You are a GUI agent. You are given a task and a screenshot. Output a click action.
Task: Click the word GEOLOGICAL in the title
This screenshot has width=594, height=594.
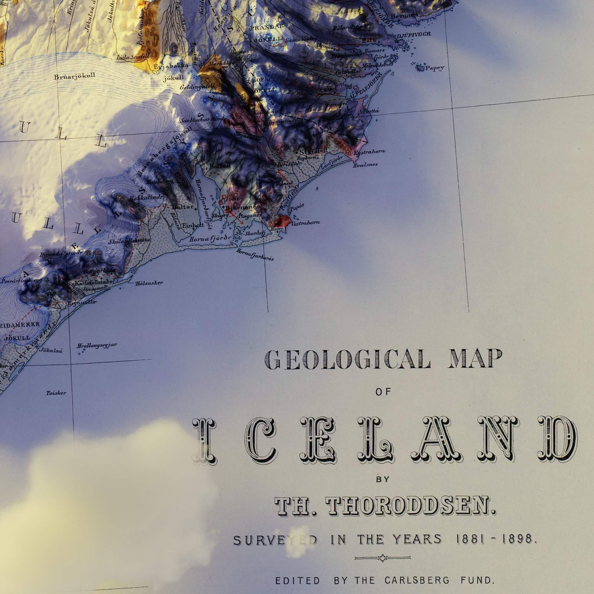point(347,359)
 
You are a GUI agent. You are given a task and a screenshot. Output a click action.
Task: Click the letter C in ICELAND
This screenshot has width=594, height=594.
point(261,440)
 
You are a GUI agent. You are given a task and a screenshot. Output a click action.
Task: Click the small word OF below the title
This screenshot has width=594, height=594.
point(383,392)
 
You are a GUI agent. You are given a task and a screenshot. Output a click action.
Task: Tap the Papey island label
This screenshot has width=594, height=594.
point(435,68)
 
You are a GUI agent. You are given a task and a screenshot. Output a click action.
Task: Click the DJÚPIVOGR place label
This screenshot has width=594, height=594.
point(414,35)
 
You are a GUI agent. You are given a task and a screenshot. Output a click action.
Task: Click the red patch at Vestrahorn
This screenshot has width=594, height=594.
point(283,221)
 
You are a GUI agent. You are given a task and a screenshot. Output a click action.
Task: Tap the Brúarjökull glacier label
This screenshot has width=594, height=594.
point(75,76)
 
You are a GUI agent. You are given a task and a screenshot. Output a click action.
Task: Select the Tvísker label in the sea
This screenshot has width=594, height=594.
point(56,393)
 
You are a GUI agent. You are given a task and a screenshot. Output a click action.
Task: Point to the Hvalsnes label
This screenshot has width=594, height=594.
point(365,165)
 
